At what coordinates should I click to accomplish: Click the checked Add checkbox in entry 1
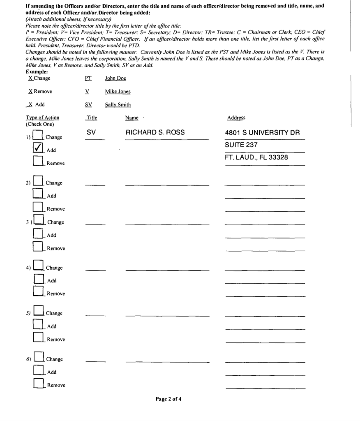[38, 148]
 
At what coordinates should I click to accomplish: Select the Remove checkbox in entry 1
[38, 161]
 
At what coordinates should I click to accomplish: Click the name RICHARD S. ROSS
[155, 132]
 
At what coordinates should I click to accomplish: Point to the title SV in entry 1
[91, 132]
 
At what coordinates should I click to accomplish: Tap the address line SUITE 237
[241, 145]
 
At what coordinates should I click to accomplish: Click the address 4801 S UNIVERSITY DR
[262, 133]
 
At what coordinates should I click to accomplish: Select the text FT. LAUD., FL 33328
[256, 157]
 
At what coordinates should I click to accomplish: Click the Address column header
[236, 118]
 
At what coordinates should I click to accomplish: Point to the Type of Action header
[42, 118]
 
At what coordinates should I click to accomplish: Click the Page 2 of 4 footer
[168, 399]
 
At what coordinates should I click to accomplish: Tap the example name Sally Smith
[118, 105]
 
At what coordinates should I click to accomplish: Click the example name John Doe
[115, 79]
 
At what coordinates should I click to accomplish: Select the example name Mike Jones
[118, 92]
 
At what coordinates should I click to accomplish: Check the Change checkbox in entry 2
[38, 181]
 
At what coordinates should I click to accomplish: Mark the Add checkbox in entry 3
[38, 233]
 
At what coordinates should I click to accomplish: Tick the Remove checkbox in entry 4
[39, 291]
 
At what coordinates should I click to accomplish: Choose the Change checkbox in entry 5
[38, 311]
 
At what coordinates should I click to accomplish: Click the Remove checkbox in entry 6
[39, 383]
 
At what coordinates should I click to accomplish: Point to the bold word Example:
[37, 72]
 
